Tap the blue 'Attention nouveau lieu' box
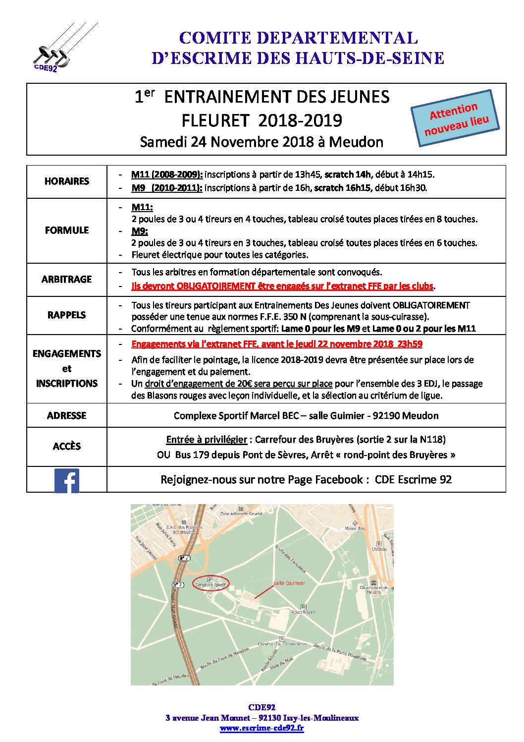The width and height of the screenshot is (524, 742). coord(455,118)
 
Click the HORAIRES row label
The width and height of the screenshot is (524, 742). coord(67,181)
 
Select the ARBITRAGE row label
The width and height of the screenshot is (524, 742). coord(67,280)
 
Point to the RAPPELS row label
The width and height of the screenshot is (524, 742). coord(67,315)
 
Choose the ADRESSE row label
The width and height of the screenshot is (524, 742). coord(67,416)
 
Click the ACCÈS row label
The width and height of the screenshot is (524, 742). coord(67,447)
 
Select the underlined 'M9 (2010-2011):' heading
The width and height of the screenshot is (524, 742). coord(166,188)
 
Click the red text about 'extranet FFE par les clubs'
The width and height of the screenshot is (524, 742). coord(282,286)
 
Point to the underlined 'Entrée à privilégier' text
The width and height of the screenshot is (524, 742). coord(207,440)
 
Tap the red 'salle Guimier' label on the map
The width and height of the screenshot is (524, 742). coord(289,583)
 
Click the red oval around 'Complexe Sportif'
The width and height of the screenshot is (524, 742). coord(211,584)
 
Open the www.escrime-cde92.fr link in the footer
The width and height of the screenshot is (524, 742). coord(262,728)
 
